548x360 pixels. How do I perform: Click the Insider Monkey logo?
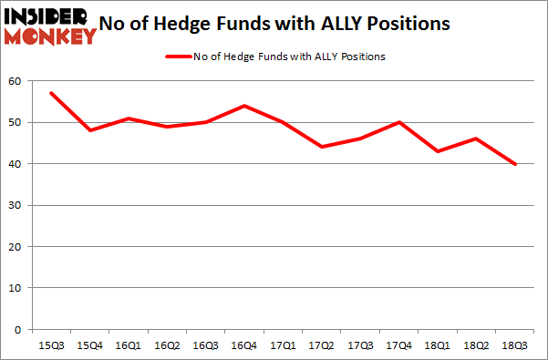[49, 26]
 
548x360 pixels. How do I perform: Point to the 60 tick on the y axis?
[14, 81]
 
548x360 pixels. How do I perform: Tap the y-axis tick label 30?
[14, 205]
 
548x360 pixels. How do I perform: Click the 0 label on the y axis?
[17, 329]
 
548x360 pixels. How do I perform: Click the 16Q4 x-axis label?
[243, 345]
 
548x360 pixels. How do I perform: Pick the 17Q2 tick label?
[320, 345]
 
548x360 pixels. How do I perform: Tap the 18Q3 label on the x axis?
[514, 345]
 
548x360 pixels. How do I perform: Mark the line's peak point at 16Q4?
[243, 106]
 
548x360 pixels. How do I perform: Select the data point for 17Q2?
[320, 147]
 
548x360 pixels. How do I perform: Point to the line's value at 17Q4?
[398, 122]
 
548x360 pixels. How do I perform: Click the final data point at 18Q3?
[514, 164]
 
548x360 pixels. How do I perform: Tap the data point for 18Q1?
[437, 151]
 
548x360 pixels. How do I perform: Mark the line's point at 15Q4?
[88, 130]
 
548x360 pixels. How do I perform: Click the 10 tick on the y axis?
[14, 288]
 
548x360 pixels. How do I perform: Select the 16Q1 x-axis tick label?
[127, 345]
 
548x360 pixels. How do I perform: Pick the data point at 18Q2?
[475, 139]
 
